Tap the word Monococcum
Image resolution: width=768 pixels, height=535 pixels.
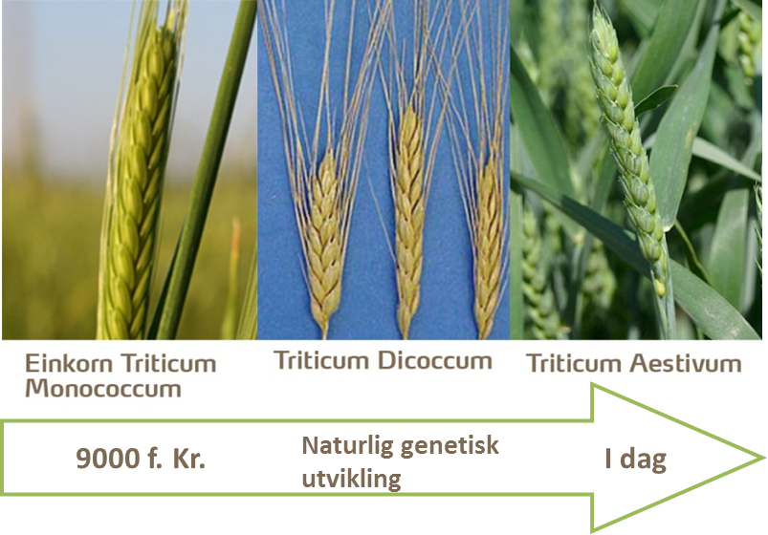click(103, 389)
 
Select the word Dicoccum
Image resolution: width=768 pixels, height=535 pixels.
click(434, 361)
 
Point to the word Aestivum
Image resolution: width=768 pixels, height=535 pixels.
click(685, 363)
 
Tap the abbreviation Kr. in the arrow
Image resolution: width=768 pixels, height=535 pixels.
click(188, 459)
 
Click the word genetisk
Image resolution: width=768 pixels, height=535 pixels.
click(450, 446)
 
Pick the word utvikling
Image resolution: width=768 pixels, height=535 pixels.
click(352, 480)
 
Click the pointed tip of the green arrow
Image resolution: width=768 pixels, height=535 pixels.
click(763, 459)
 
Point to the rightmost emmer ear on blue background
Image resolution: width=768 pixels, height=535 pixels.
click(488, 245)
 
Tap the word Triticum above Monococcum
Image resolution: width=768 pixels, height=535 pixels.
click(168, 363)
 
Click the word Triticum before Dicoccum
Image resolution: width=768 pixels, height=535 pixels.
click(321, 361)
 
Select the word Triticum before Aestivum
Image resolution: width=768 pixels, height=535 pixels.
click(574, 363)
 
